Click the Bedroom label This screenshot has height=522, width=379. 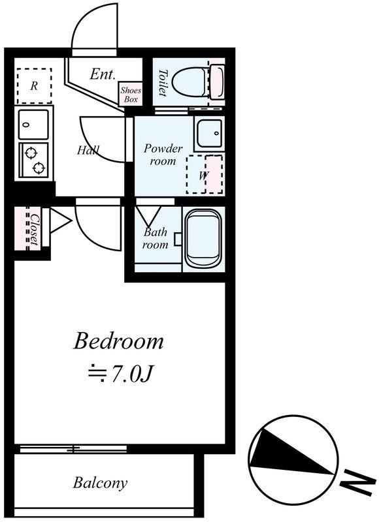tap(118, 341)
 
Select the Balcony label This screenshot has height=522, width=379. tap(100, 483)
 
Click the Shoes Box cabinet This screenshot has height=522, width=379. tap(131, 94)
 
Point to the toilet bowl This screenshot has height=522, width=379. tap(191, 82)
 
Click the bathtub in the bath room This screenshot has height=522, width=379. tap(203, 238)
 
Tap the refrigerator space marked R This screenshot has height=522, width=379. tap(34, 86)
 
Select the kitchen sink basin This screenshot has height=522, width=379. tap(33, 125)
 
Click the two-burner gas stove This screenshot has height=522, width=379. tap(34, 160)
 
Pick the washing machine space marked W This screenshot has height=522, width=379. tap(205, 174)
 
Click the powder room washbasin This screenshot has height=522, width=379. tap(209, 133)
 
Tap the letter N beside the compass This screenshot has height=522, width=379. tap(357, 482)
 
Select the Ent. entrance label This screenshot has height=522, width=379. tap(103, 74)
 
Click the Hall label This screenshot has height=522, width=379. tap(88, 150)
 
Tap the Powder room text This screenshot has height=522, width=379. tap(163, 155)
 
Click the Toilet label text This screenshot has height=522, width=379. tap(163, 83)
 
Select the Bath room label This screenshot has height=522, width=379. tap(156, 238)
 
